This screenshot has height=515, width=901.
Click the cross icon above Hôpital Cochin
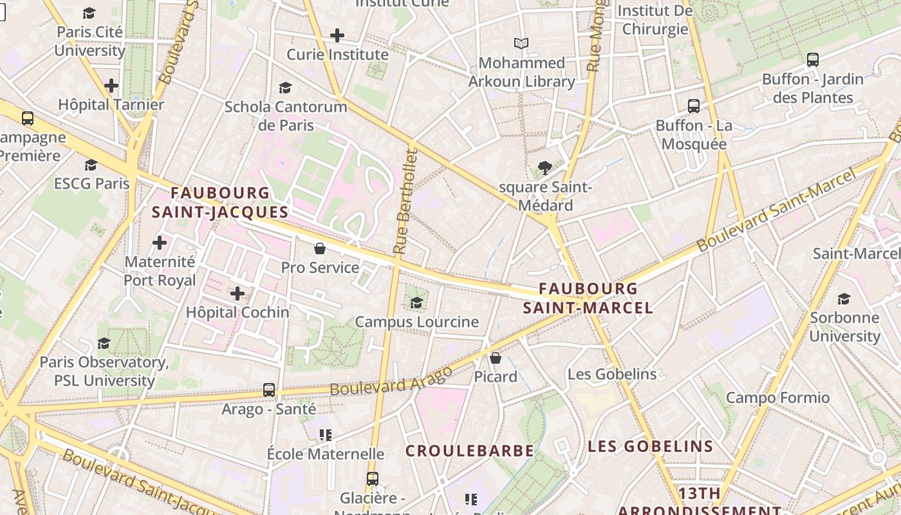[237, 294]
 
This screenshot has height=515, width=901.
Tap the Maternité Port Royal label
[160, 271]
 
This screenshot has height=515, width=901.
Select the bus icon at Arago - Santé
[269, 390]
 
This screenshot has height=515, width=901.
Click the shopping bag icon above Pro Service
[320, 248]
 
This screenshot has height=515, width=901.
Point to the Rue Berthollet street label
[404, 201]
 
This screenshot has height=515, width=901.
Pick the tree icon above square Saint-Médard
[545, 169]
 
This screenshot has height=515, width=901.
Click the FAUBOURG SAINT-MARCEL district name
[588, 298]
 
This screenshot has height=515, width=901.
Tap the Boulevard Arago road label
[391, 380]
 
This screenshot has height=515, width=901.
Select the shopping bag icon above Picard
[496, 358]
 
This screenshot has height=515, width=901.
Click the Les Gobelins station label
[612, 374]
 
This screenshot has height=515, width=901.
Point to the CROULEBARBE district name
[470, 451]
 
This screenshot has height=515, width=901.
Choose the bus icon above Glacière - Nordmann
[372, 478]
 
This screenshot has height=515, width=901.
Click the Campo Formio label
[777, 398]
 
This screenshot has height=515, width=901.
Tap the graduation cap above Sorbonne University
[844, 299]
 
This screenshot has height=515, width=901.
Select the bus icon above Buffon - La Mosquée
[694, 106]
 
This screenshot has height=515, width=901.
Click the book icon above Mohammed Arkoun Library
[521, 44]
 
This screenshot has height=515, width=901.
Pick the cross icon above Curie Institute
[337, 35]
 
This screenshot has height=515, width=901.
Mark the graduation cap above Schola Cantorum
[285, 88]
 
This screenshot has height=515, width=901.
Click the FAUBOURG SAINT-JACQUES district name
[219, 202]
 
